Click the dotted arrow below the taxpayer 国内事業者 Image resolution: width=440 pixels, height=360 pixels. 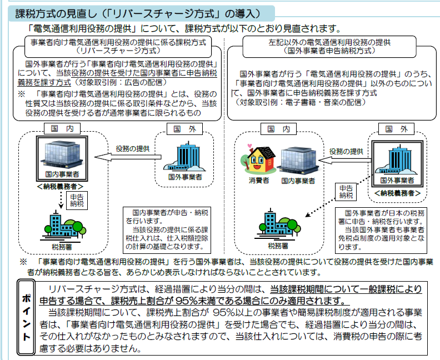pyautogui.click(x=58, y=201)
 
